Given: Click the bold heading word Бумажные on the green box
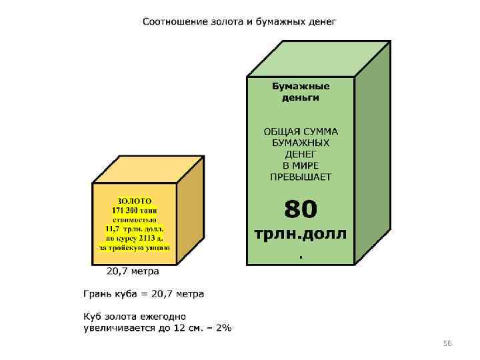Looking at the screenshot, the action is click(301, 85).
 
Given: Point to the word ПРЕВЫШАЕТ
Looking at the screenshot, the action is click(301, 177).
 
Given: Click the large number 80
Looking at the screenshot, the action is click(301, 209).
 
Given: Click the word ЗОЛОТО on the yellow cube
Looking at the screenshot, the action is click(135, 200).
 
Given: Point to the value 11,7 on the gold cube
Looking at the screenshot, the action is click(108, 228).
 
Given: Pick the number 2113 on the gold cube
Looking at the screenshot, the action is click(147, 237).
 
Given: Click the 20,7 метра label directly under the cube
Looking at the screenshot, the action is click(133, 271).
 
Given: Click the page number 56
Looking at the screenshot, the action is click(447, 343).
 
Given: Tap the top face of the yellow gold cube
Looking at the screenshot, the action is click(148, 170).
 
